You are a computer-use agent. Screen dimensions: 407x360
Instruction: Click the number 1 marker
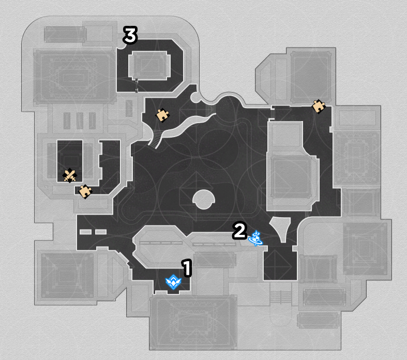coord(187,267)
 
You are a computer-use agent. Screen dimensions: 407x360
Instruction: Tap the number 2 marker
coord(239,231)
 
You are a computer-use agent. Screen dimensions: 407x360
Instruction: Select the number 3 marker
coord(130,35)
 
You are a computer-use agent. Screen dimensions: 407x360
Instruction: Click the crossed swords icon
coord(70,176)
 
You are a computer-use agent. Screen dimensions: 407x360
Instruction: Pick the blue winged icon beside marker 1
coord(173,282)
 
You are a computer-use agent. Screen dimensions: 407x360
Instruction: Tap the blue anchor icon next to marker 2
coord(255,238)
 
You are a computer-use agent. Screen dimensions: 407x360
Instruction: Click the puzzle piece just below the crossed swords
coord(85,191)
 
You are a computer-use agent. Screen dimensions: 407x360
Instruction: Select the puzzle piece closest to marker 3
coord(162,115)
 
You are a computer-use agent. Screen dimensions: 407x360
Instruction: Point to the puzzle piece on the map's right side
coord(319,106)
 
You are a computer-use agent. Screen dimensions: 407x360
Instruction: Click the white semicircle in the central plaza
coord(204,199)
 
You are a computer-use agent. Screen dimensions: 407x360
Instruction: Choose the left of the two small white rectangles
coord(85,232)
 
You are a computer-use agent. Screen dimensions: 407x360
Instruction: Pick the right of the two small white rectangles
coord(101,232)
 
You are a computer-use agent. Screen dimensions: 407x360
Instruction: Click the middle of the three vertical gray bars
coord(80,121)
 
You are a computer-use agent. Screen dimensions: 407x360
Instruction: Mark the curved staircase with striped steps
coord(156,139)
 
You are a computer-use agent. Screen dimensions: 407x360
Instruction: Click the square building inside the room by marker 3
coord(149,65)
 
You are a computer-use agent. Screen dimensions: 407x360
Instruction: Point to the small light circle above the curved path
coord(194,98)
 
